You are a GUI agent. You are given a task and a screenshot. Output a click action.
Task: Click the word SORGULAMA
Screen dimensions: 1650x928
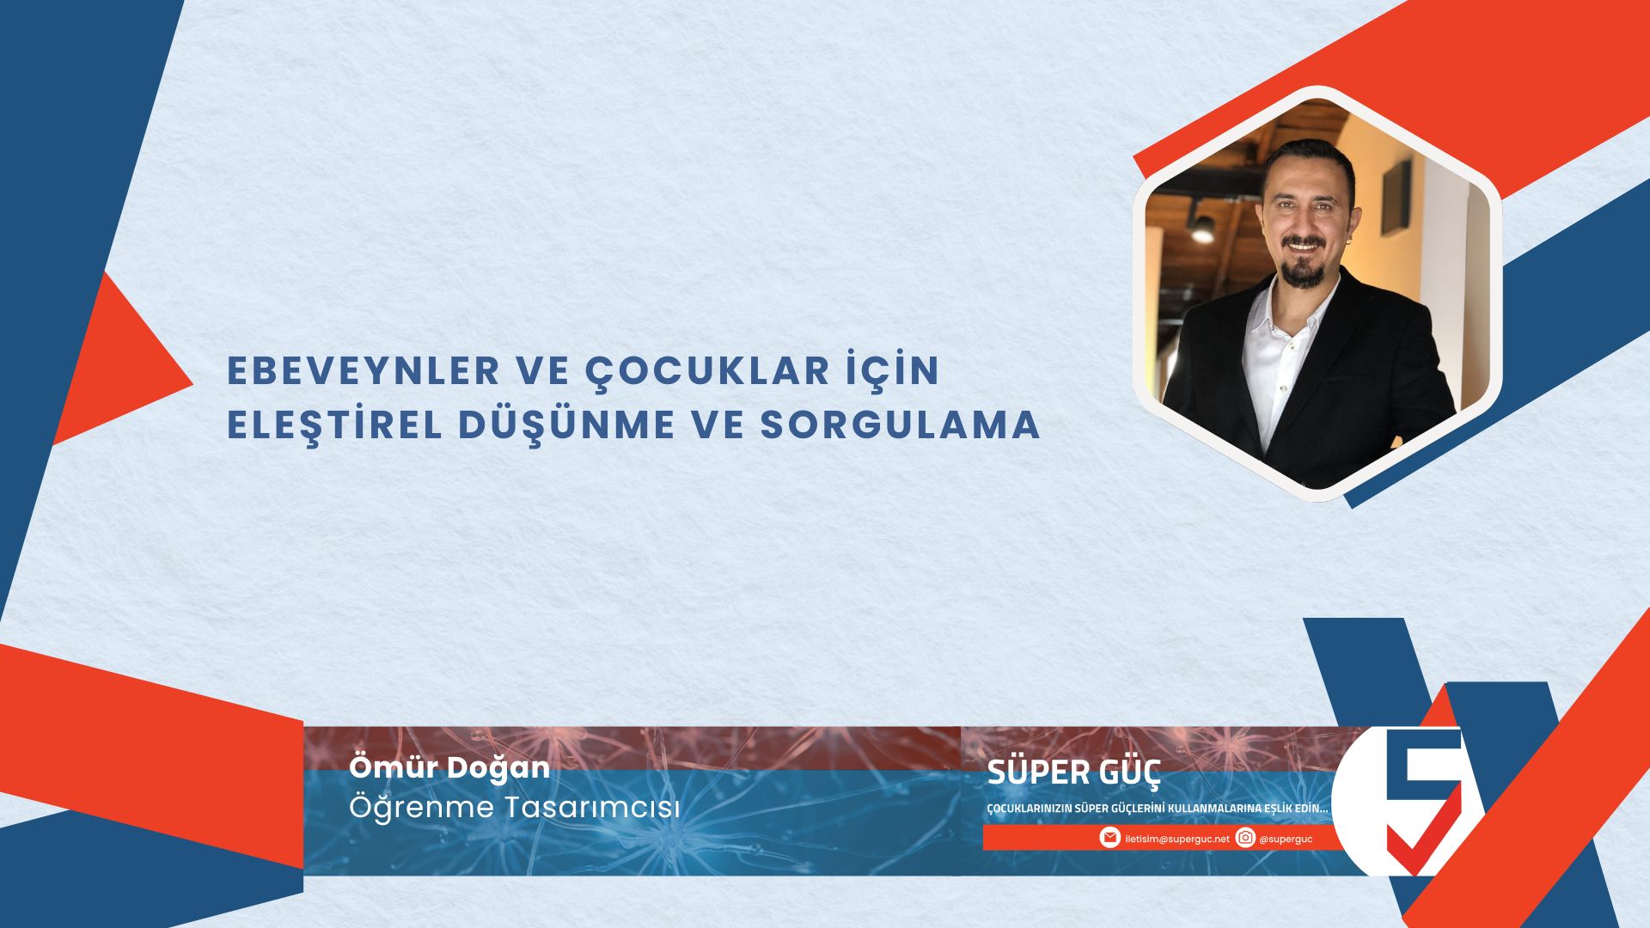901,426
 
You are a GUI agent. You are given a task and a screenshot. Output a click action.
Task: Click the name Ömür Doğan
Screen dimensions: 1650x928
449,767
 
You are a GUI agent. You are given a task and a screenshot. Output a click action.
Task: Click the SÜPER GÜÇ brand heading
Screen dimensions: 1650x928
1074,772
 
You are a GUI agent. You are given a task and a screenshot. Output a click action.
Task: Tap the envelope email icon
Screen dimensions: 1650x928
1110,838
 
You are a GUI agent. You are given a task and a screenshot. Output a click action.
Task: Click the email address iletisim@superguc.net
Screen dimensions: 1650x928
1177,839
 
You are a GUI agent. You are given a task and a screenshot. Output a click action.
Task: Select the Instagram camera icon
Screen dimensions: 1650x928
1245,838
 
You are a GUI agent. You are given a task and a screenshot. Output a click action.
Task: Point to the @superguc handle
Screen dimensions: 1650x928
1286,839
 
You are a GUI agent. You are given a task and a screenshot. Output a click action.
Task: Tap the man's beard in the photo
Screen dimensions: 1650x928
1303,269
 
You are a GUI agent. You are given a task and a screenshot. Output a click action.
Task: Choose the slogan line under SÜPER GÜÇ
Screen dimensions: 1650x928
1158,809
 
